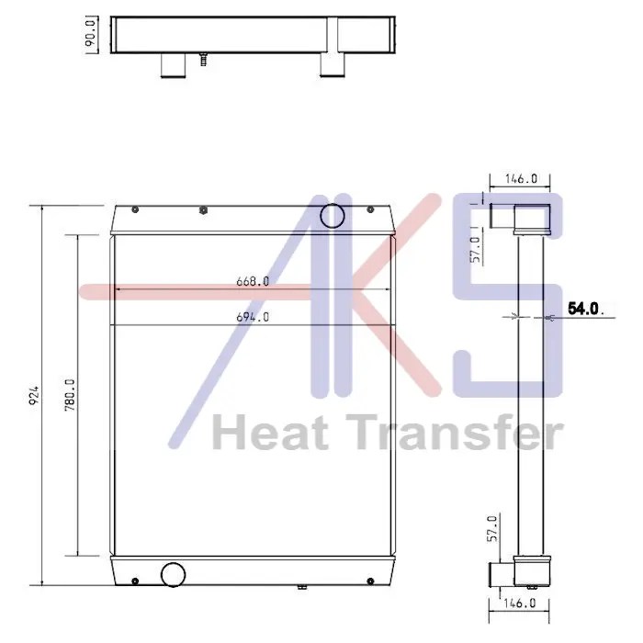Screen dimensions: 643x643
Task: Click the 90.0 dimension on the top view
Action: point(92,35)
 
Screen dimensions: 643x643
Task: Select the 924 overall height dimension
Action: point(35,394)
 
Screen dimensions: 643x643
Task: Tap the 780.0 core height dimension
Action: point(70,395)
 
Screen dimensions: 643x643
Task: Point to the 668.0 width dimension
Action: point(253,281)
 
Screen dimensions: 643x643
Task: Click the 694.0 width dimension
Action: point(253,317)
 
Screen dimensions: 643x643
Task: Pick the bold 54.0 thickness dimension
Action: point(583,309)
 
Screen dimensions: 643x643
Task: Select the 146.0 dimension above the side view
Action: point(521,178)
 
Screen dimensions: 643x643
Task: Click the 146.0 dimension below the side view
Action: point(520,603)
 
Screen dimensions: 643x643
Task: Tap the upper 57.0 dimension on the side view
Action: point(475,249)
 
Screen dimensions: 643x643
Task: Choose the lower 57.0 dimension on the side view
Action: point(492,528)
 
